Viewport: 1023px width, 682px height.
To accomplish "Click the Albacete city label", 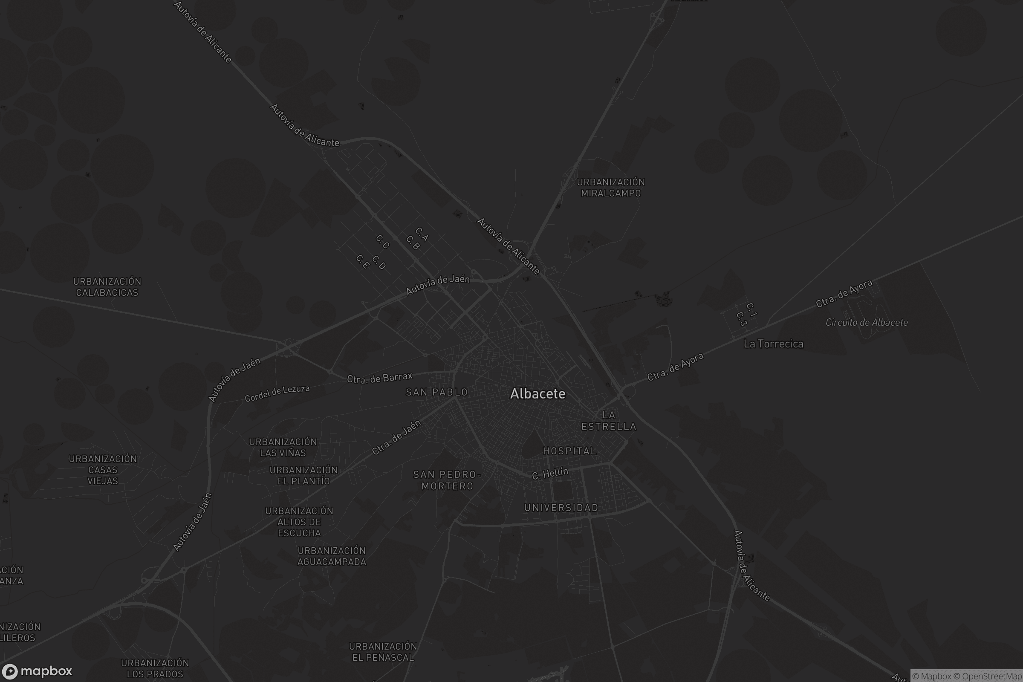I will pyautogui.click(x=538, y=393).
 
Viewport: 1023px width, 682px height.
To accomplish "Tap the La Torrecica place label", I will pyautogui.click(x=773, y=344).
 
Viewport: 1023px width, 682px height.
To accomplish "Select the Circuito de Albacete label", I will pyautogui.click(x=867, y=323).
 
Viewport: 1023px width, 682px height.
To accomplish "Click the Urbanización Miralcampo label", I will pyautogui.click(x=611, y=188).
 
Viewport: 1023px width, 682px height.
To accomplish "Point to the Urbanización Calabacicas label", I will pyautogui.click(x=107, y=287).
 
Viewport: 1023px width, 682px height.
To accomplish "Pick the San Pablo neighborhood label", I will pyautogui.click(x=436, y=392).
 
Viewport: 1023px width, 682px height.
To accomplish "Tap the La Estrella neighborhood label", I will pyautogui.click(x=609, y=421).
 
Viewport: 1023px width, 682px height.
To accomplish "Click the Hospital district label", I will pyautogui.click(x=569, y=451).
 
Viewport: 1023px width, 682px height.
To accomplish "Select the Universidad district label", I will pyautogui.click(x=561, y=508).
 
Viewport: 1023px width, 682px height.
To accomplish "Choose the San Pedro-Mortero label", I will pyautogui.click(x=447, y=480).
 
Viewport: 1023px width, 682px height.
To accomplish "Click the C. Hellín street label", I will pyautogui.click(x=550, y=473).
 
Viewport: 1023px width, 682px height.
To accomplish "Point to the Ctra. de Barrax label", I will pyautogui.click(x=379, y=378).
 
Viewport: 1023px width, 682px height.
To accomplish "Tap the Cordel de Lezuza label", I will pyautogui.click(x=277, y=393).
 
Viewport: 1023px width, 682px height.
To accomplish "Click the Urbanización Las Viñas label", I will pyautogui.click(x=283, y=447).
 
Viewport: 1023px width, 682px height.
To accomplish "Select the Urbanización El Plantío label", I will pyautogui.click(x=303, y=475).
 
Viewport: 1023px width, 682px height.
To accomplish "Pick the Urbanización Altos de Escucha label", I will pyautogui.click(x=299, y=522).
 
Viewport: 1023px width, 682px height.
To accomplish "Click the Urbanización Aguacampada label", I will pyautogui.click(x=332, y=556).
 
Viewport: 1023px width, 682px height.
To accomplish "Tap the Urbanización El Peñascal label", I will pyautogui.click(x=383, y=652).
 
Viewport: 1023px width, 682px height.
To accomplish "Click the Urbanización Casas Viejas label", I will pyautogui.click(x=103, y=470).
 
